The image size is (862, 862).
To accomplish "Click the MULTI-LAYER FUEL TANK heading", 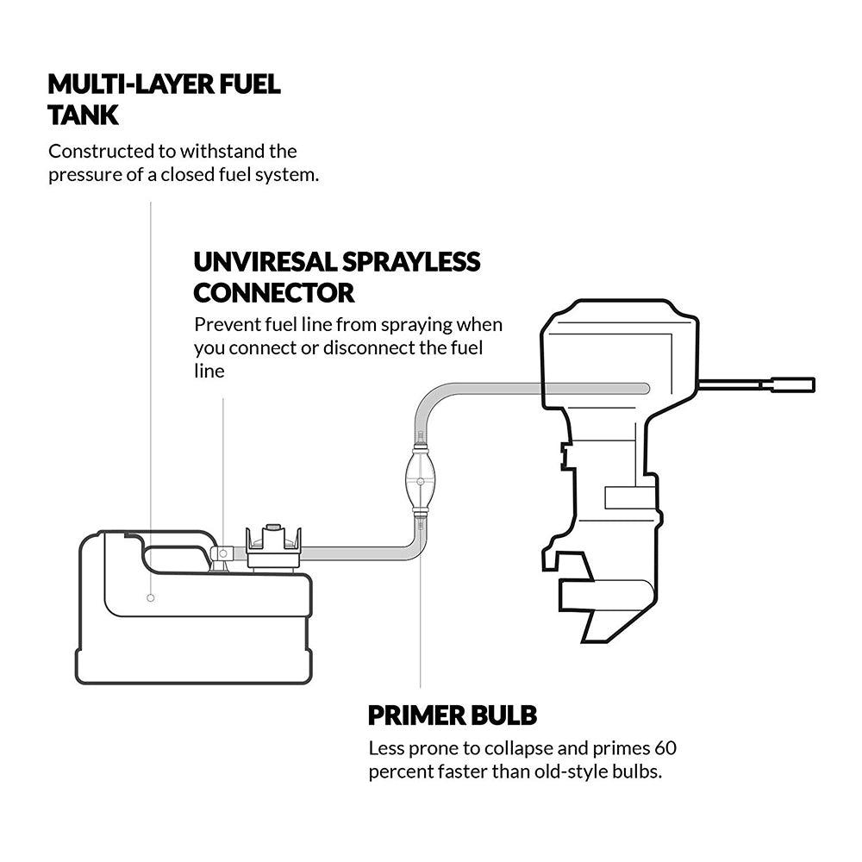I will [x=164, y=98].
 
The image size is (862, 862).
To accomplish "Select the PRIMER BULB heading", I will [x=452, y=715].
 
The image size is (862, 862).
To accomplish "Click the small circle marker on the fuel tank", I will [x=150, y=597].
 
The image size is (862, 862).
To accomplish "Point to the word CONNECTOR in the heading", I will [x=273, y=293].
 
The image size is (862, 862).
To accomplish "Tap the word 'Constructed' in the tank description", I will [x=98, y=152].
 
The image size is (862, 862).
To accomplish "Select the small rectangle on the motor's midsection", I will [x=629, y=497].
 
